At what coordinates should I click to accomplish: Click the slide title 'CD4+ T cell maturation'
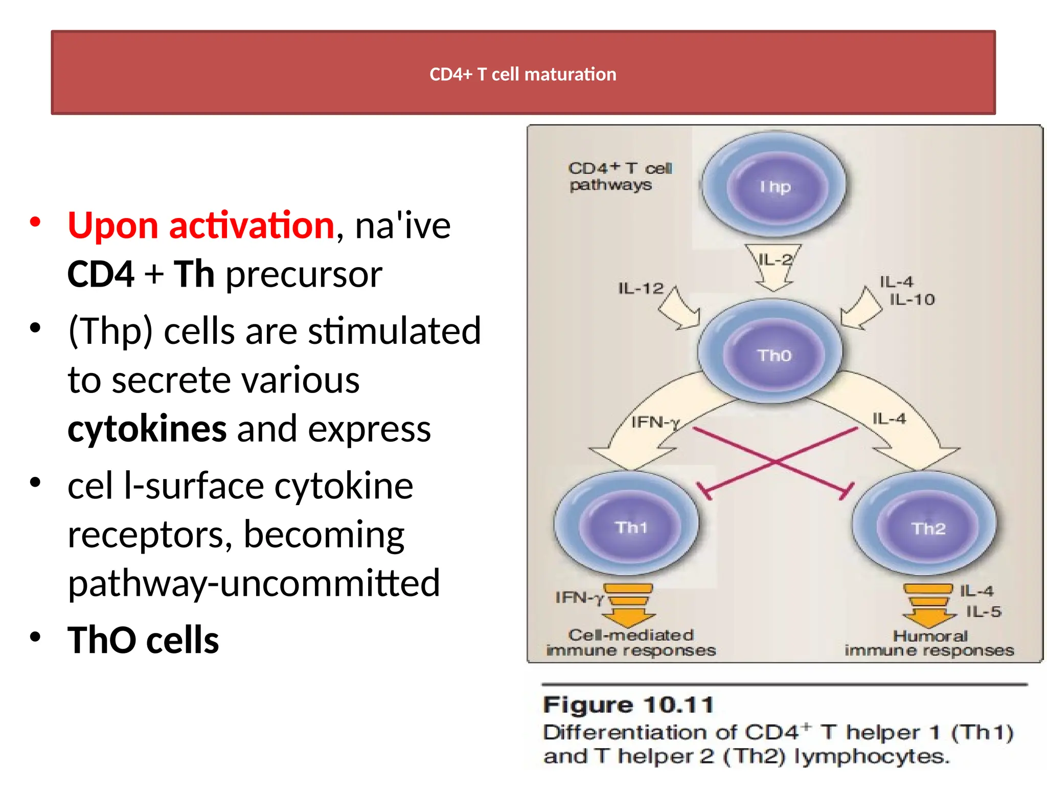click(522, 74)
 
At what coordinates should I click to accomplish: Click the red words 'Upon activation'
click(201, 226)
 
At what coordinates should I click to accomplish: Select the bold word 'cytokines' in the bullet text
click(147, 429)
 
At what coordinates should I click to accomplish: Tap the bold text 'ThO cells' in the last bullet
click(143, 640)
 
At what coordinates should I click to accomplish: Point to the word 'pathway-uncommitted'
click(254, 583)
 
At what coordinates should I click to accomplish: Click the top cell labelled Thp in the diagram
click(774, 185)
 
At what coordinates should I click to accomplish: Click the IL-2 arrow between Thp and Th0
click(774, 266)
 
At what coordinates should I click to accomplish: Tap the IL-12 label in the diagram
click(640, 289)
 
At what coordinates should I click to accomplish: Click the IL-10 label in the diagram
click(912, 299)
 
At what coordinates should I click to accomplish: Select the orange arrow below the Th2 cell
click(928, 607)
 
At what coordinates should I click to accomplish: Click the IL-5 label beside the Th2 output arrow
click(983, 612)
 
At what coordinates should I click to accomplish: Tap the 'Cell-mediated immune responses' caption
click(631, 643)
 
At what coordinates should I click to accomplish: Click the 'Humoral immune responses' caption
click(929, 643)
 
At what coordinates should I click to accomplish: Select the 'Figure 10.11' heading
click(628, 706)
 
